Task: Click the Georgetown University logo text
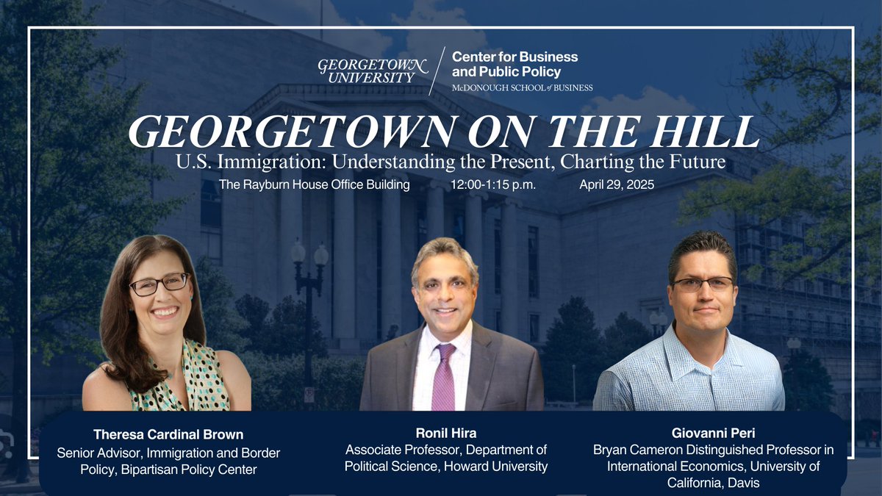point(372,68)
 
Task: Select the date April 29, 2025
point(616,184)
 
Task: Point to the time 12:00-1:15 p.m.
point(493,184)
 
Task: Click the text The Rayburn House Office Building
point(314,184)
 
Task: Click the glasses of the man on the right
point(702,284)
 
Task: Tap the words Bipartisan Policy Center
point(187,470)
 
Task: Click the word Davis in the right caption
point(745,482)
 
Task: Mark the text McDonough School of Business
point(522,87)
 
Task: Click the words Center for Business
point(514,57)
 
